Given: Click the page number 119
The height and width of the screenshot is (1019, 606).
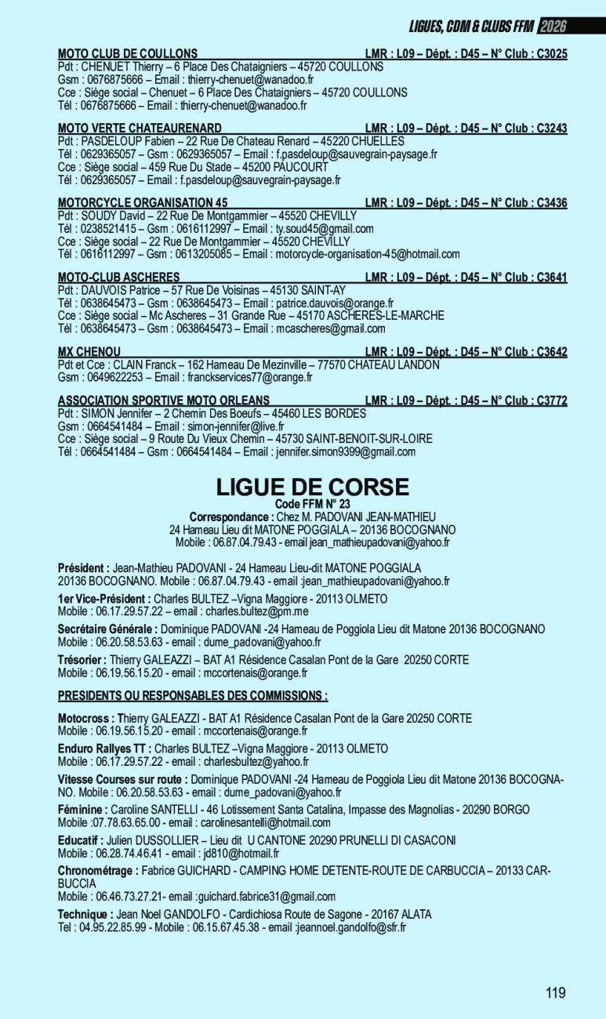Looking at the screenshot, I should coord(556,993).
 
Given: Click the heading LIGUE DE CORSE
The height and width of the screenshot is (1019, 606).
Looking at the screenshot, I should coord(313,488).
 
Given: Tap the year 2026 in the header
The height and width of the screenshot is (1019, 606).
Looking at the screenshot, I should coord(552,27).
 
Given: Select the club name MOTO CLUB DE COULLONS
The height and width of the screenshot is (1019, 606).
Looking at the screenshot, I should coord(128,54).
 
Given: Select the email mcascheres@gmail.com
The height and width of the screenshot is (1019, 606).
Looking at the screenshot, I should coord(331,328).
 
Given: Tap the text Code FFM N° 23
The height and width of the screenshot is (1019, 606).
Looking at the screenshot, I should coord(313,504).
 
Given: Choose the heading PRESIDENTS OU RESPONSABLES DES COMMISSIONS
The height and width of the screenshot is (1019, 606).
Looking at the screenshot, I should coord(193,695).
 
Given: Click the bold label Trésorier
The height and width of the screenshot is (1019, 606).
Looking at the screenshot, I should coord(82,660).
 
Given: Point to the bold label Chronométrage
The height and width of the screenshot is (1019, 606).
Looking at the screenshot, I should coord(98,871).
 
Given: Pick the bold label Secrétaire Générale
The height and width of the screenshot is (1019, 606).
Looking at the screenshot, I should coord(107,629).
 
